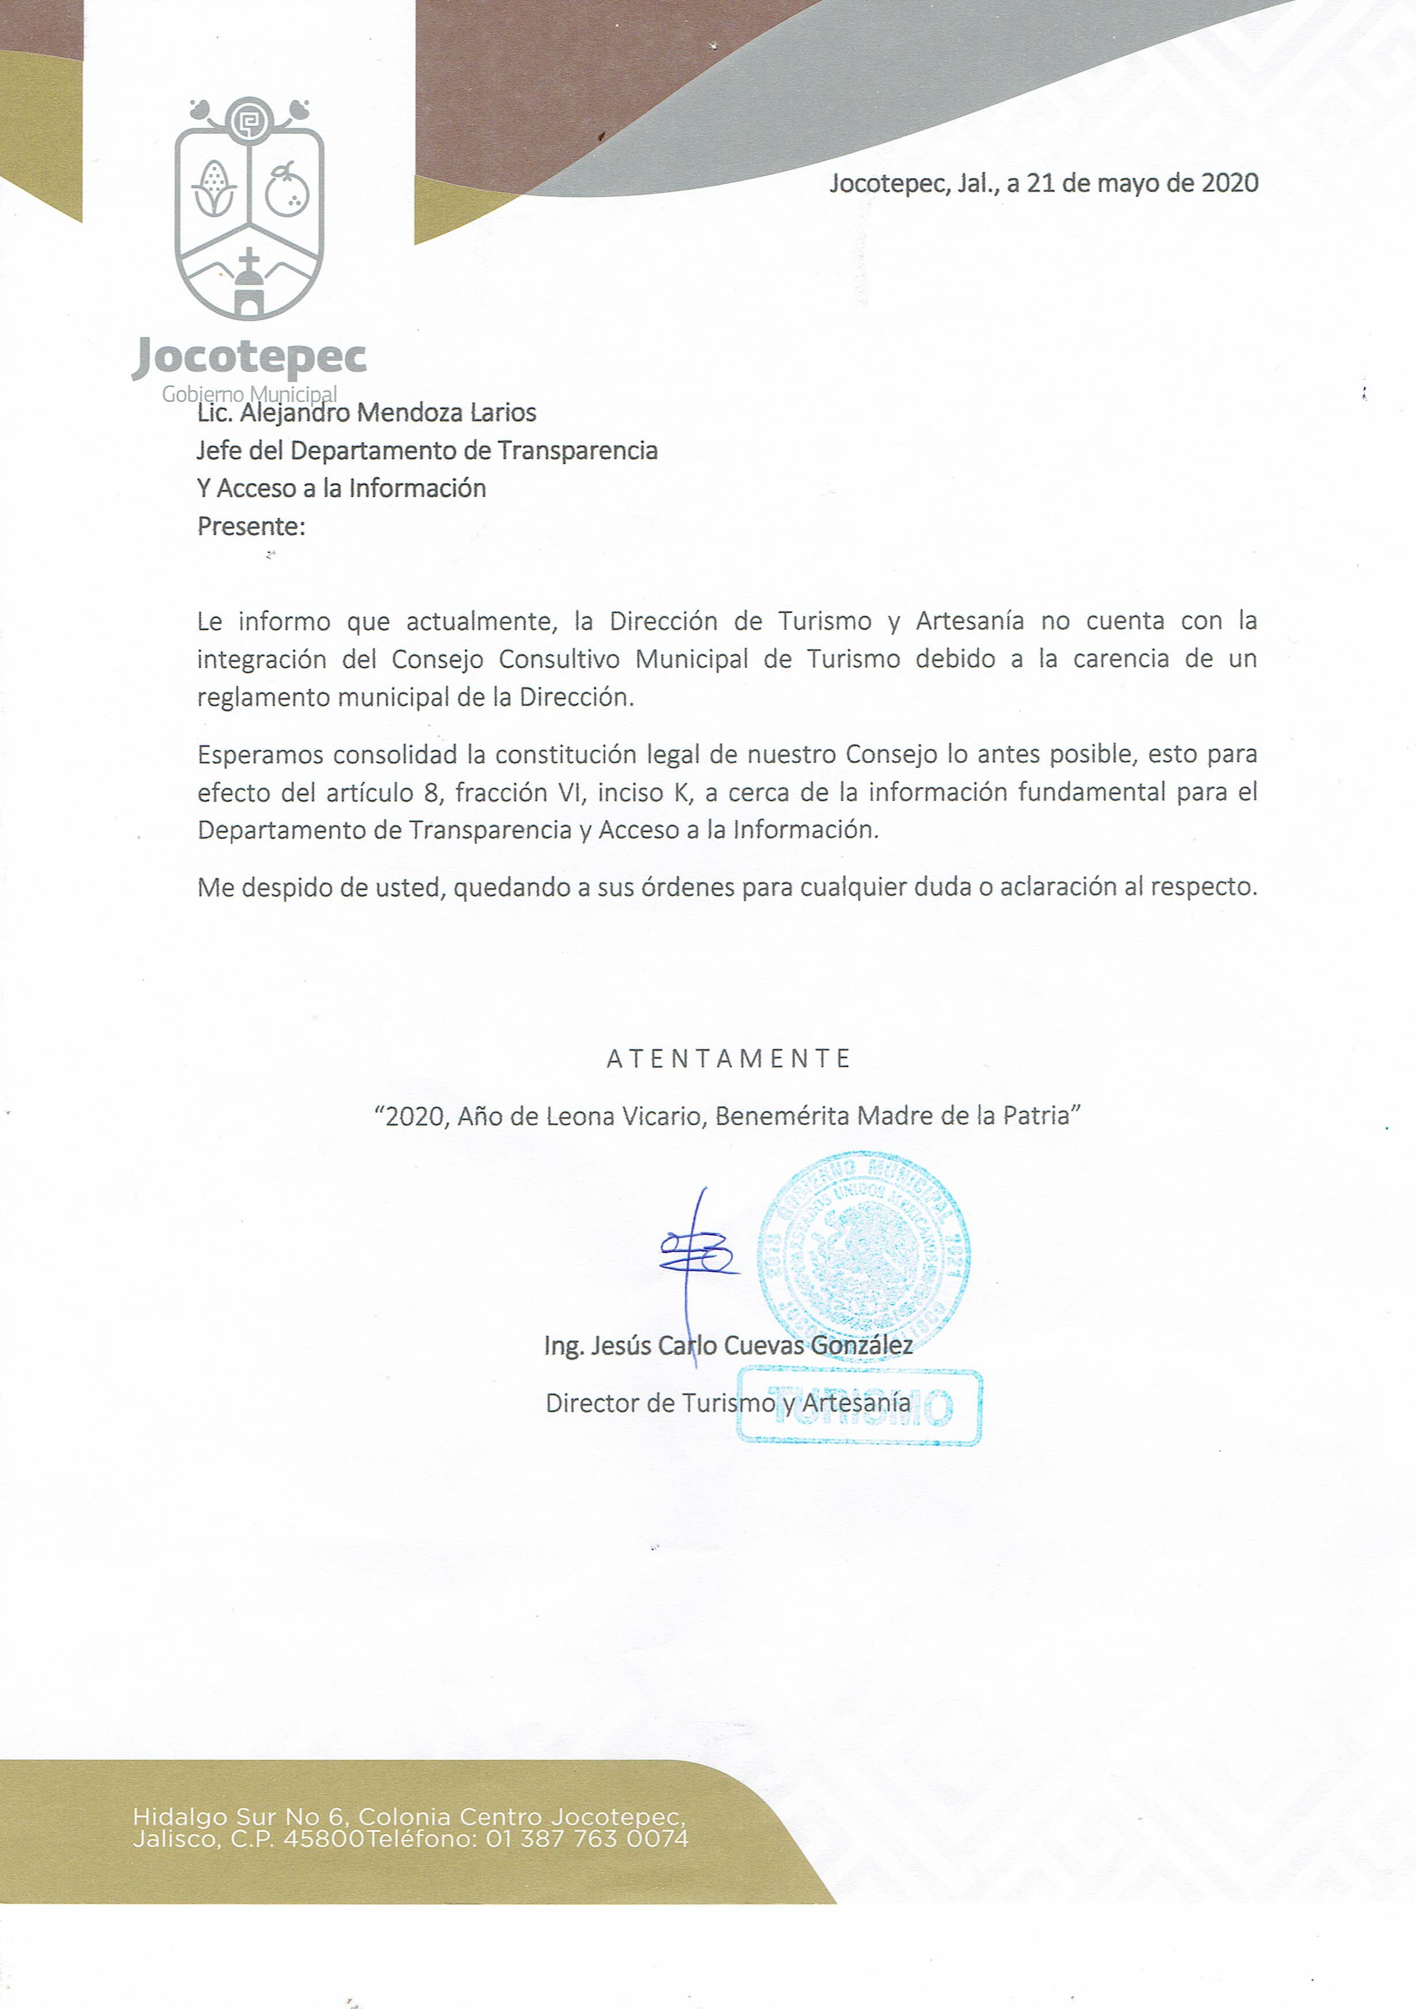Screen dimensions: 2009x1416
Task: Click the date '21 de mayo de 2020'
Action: (x=1142, y=183)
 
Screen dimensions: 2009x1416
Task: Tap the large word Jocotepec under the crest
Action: (x=249, y=356)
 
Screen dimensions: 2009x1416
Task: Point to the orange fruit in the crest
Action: (x=287, y=190)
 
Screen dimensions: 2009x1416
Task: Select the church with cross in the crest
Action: (x=249, y=284)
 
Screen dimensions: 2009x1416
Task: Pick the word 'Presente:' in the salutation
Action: (x=251, y=526)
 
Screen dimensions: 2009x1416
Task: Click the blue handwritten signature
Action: (x=698, y=1256)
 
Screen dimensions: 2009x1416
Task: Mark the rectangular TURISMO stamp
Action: (x=860, y=1406)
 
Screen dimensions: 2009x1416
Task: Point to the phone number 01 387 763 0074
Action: (x=587, y=1838)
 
